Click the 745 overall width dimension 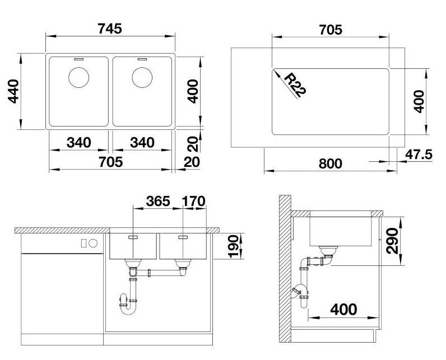pyautogui.click(x=110, y=29)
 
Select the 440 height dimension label pyautogui.click(x=13, y=91)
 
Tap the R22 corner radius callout pyautogui.click(x=295, y=85)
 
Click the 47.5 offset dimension pyautogui.click(x=419, y=155)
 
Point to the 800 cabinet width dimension pyautogui.click(x=330, y=163)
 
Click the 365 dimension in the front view pyautogui.click(x=158, y=201)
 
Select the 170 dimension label pyautogui.click(x=193, y=201)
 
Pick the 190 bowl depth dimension pyautogui.click(x=234, y=246)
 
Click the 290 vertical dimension pyautogui.click(x=393, y=241)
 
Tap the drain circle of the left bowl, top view pyautogui.click(x=79, y=77)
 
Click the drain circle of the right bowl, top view pyautogui.click(x=142, y=77)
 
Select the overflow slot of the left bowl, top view pyautogui.click(x=78, y=59)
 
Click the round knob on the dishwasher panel pyautogui.click(x=93, y=243)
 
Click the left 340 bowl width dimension pyautogui.click(x=79, y=143)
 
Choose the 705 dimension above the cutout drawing pyautogui.click(x=331, y=30)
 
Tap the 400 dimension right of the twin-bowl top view pyautogui.click(x=193, y=91)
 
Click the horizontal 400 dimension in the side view pyautogui.click(x=343, y=309)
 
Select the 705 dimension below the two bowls pyautogui.click(x=110, y=162)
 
